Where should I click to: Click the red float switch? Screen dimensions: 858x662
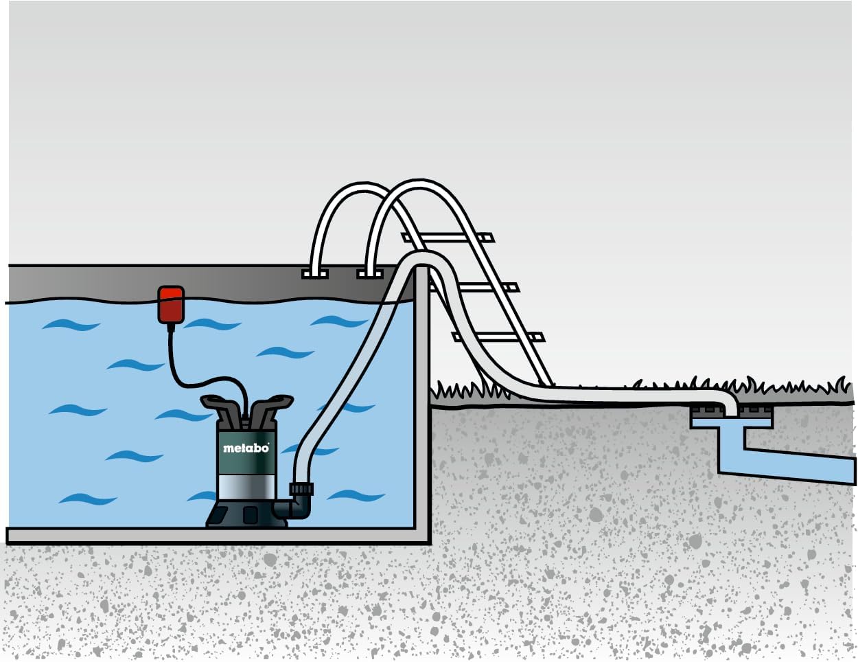click(x=171, y=304)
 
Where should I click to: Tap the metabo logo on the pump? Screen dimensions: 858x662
click(x=246, y=448)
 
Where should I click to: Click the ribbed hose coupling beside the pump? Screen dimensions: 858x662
click(x=301, y=488)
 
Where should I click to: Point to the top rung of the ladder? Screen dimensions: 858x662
click(x=448, y=238)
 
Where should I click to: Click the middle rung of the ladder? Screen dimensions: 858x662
click(x=474, y=288)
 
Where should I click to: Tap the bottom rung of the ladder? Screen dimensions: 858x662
click(x=498, y=337)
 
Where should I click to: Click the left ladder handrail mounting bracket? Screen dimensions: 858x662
click(x=314, y=274)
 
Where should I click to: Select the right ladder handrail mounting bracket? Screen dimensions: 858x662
click(x=369, y=274)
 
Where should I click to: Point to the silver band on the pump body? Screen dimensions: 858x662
click(x=246, y=487)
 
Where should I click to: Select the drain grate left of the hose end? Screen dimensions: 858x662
click(x=706, y=413)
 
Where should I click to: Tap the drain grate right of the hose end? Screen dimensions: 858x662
click(x=755, y=413)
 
